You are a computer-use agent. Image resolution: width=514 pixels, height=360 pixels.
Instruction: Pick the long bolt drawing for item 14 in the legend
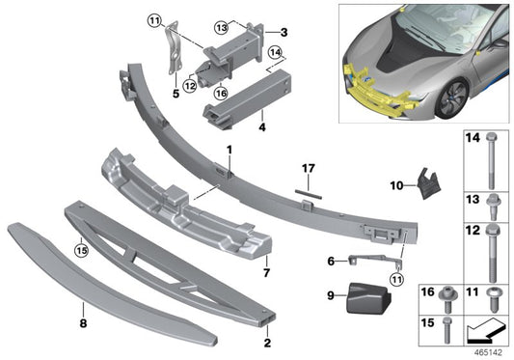[x=496, y=160]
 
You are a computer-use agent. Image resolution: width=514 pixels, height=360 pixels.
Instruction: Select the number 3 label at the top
[x=284, y=32]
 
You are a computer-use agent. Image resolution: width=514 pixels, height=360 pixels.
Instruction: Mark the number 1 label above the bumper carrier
[x=230, y=150]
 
